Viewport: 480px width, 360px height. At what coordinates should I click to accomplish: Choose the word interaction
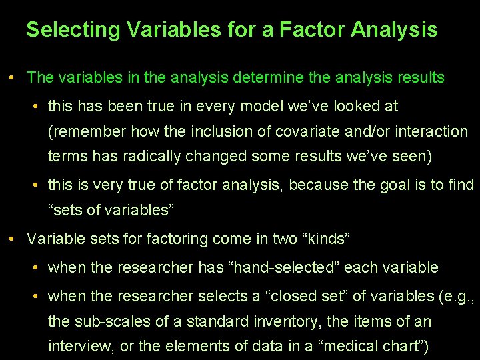431,131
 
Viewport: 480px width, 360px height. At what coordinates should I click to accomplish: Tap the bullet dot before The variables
13,78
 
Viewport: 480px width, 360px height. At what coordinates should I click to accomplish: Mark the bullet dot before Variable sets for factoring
13,238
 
